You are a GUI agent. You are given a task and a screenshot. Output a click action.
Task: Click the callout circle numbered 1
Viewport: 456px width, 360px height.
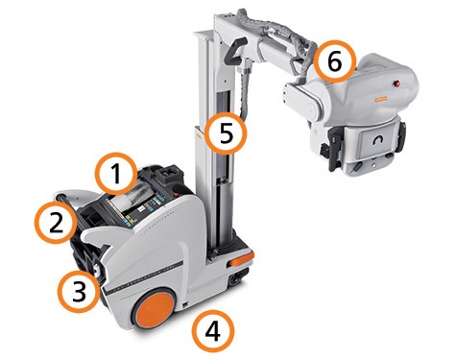tap(117, 174)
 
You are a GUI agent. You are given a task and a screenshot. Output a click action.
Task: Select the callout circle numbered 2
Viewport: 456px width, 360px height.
tap(57, 223)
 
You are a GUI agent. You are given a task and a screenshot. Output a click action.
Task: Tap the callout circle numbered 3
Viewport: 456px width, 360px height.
tap(79, 291)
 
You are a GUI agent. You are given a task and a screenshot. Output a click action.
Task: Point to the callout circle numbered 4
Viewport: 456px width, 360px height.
tap(213, 331)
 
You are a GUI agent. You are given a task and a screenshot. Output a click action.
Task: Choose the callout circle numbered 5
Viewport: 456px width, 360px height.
tap(226, 133)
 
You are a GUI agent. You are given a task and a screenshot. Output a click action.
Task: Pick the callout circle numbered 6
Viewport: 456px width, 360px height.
tap(335, 61)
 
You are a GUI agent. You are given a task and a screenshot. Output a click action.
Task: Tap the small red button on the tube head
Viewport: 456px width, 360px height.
tap(397, 84)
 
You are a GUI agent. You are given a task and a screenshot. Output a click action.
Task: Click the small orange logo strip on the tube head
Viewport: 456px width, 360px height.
tap(381, 99)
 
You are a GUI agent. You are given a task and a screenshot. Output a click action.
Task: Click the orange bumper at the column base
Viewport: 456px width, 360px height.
tap(241, 258)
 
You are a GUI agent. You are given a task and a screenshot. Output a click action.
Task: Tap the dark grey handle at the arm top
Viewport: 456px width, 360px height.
tap(234, 51)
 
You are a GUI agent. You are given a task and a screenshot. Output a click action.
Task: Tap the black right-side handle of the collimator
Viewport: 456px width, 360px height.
tap(401, 136)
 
